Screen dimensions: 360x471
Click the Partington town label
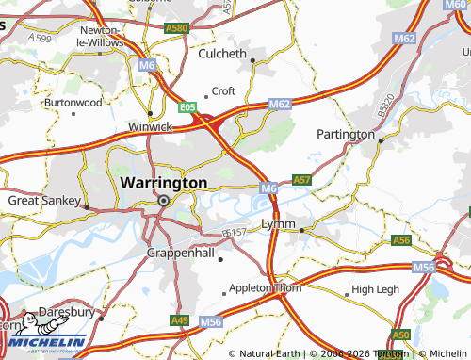coord(346,134)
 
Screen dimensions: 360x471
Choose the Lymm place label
coord(279,224)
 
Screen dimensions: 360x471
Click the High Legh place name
coord(375,288)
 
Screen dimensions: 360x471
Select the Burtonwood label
coord(73,101)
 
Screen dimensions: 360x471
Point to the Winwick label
coord(151,125)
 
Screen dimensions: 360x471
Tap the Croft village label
coord(223,90)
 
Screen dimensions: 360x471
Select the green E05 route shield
coord(187,107)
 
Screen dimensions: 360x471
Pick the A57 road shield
coord(301,178)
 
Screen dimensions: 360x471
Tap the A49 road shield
coord(179,320)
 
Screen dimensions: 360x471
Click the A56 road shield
coord(402,240)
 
